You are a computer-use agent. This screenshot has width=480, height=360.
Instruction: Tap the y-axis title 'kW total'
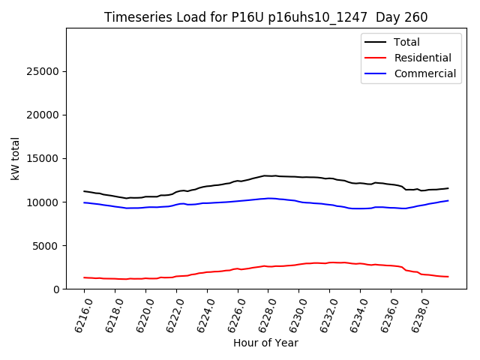pos(15,158)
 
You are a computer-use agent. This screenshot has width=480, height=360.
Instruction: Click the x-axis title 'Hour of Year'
pos(265,343)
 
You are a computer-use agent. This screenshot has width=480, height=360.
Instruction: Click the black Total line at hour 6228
pos(268,175)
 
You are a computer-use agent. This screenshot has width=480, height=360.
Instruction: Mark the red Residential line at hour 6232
pos(330,262)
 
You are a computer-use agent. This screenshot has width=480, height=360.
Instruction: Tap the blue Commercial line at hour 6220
pos(145,207)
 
